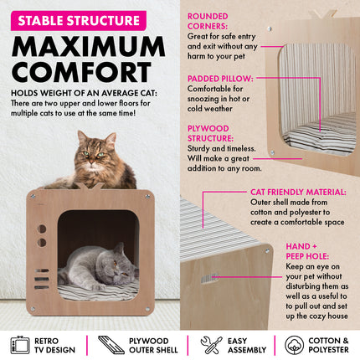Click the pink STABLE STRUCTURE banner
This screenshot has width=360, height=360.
[x=79, y=21]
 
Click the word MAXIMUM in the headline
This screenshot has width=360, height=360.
[x=89, y=47]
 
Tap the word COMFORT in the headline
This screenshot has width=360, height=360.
[x=81, y=72]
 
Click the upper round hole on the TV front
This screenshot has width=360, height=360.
[x=42, y=229]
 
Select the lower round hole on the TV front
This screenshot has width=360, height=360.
[x=42, y=243]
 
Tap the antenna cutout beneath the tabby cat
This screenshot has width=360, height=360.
[x=90, y=186]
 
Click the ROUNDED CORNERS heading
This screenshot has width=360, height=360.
[x=208, y=21]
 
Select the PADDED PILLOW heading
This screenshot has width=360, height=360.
[x=220, y=79]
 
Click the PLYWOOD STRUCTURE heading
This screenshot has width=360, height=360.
[x=210, y=133]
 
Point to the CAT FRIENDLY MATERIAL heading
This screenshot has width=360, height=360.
[x=298, y=193]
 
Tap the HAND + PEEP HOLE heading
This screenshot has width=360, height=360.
[x=307, y=251]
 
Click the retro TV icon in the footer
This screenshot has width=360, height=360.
[x=20, y=345]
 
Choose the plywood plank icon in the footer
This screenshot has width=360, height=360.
[x=111, y=345]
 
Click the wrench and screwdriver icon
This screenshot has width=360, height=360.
[x=211, y=345]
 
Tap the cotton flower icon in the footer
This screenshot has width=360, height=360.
[x=294, y=345]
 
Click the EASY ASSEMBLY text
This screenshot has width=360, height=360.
[x=247, y=345]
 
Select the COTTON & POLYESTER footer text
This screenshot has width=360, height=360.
[x=328, y=345]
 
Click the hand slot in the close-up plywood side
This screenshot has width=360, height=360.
[x=209, y=278]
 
